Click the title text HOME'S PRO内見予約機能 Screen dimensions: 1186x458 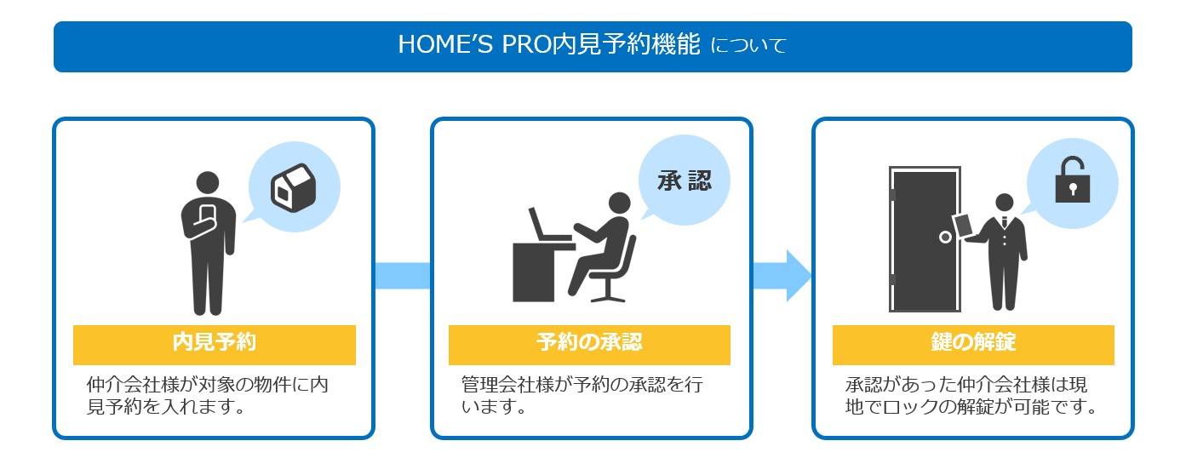(549, 44)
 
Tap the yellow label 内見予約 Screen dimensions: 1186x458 (215, 345)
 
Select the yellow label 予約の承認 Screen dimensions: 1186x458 (589, 345)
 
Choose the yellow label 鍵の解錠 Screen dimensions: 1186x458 (973, 345)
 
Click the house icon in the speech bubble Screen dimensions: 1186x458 (294, 188)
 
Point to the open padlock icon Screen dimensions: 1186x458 (1072, 180)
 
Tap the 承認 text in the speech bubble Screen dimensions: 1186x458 (685, 181)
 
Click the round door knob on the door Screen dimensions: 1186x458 (945, 238)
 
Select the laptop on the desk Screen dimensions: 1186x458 (548, 225)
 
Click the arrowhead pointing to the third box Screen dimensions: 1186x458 (799, 276)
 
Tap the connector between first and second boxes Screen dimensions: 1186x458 (403, 276)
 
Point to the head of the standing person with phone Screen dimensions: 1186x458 (208, 183)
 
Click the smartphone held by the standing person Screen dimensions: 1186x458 (207, 216)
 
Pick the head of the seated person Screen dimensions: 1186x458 (620, 203)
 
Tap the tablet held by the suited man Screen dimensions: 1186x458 (963, 225)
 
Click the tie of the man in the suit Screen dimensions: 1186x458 (1005, 221)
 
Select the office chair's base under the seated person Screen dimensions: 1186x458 (608, 296)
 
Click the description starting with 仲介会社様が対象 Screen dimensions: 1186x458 (208, 396)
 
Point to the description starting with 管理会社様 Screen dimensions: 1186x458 (582, 396)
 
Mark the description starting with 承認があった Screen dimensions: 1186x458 (971, 396)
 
